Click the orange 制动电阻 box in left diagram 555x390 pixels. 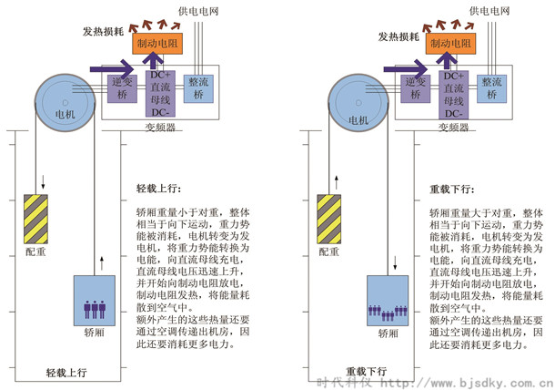click(x=157, y=44)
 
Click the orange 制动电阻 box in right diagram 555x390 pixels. click(x=452, y=44)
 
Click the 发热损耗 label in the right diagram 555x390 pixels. click(x=398, y=36)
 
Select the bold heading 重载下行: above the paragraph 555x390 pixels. click(x=449, y=191)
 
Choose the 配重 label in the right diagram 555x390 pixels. click(x=329, y=251)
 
